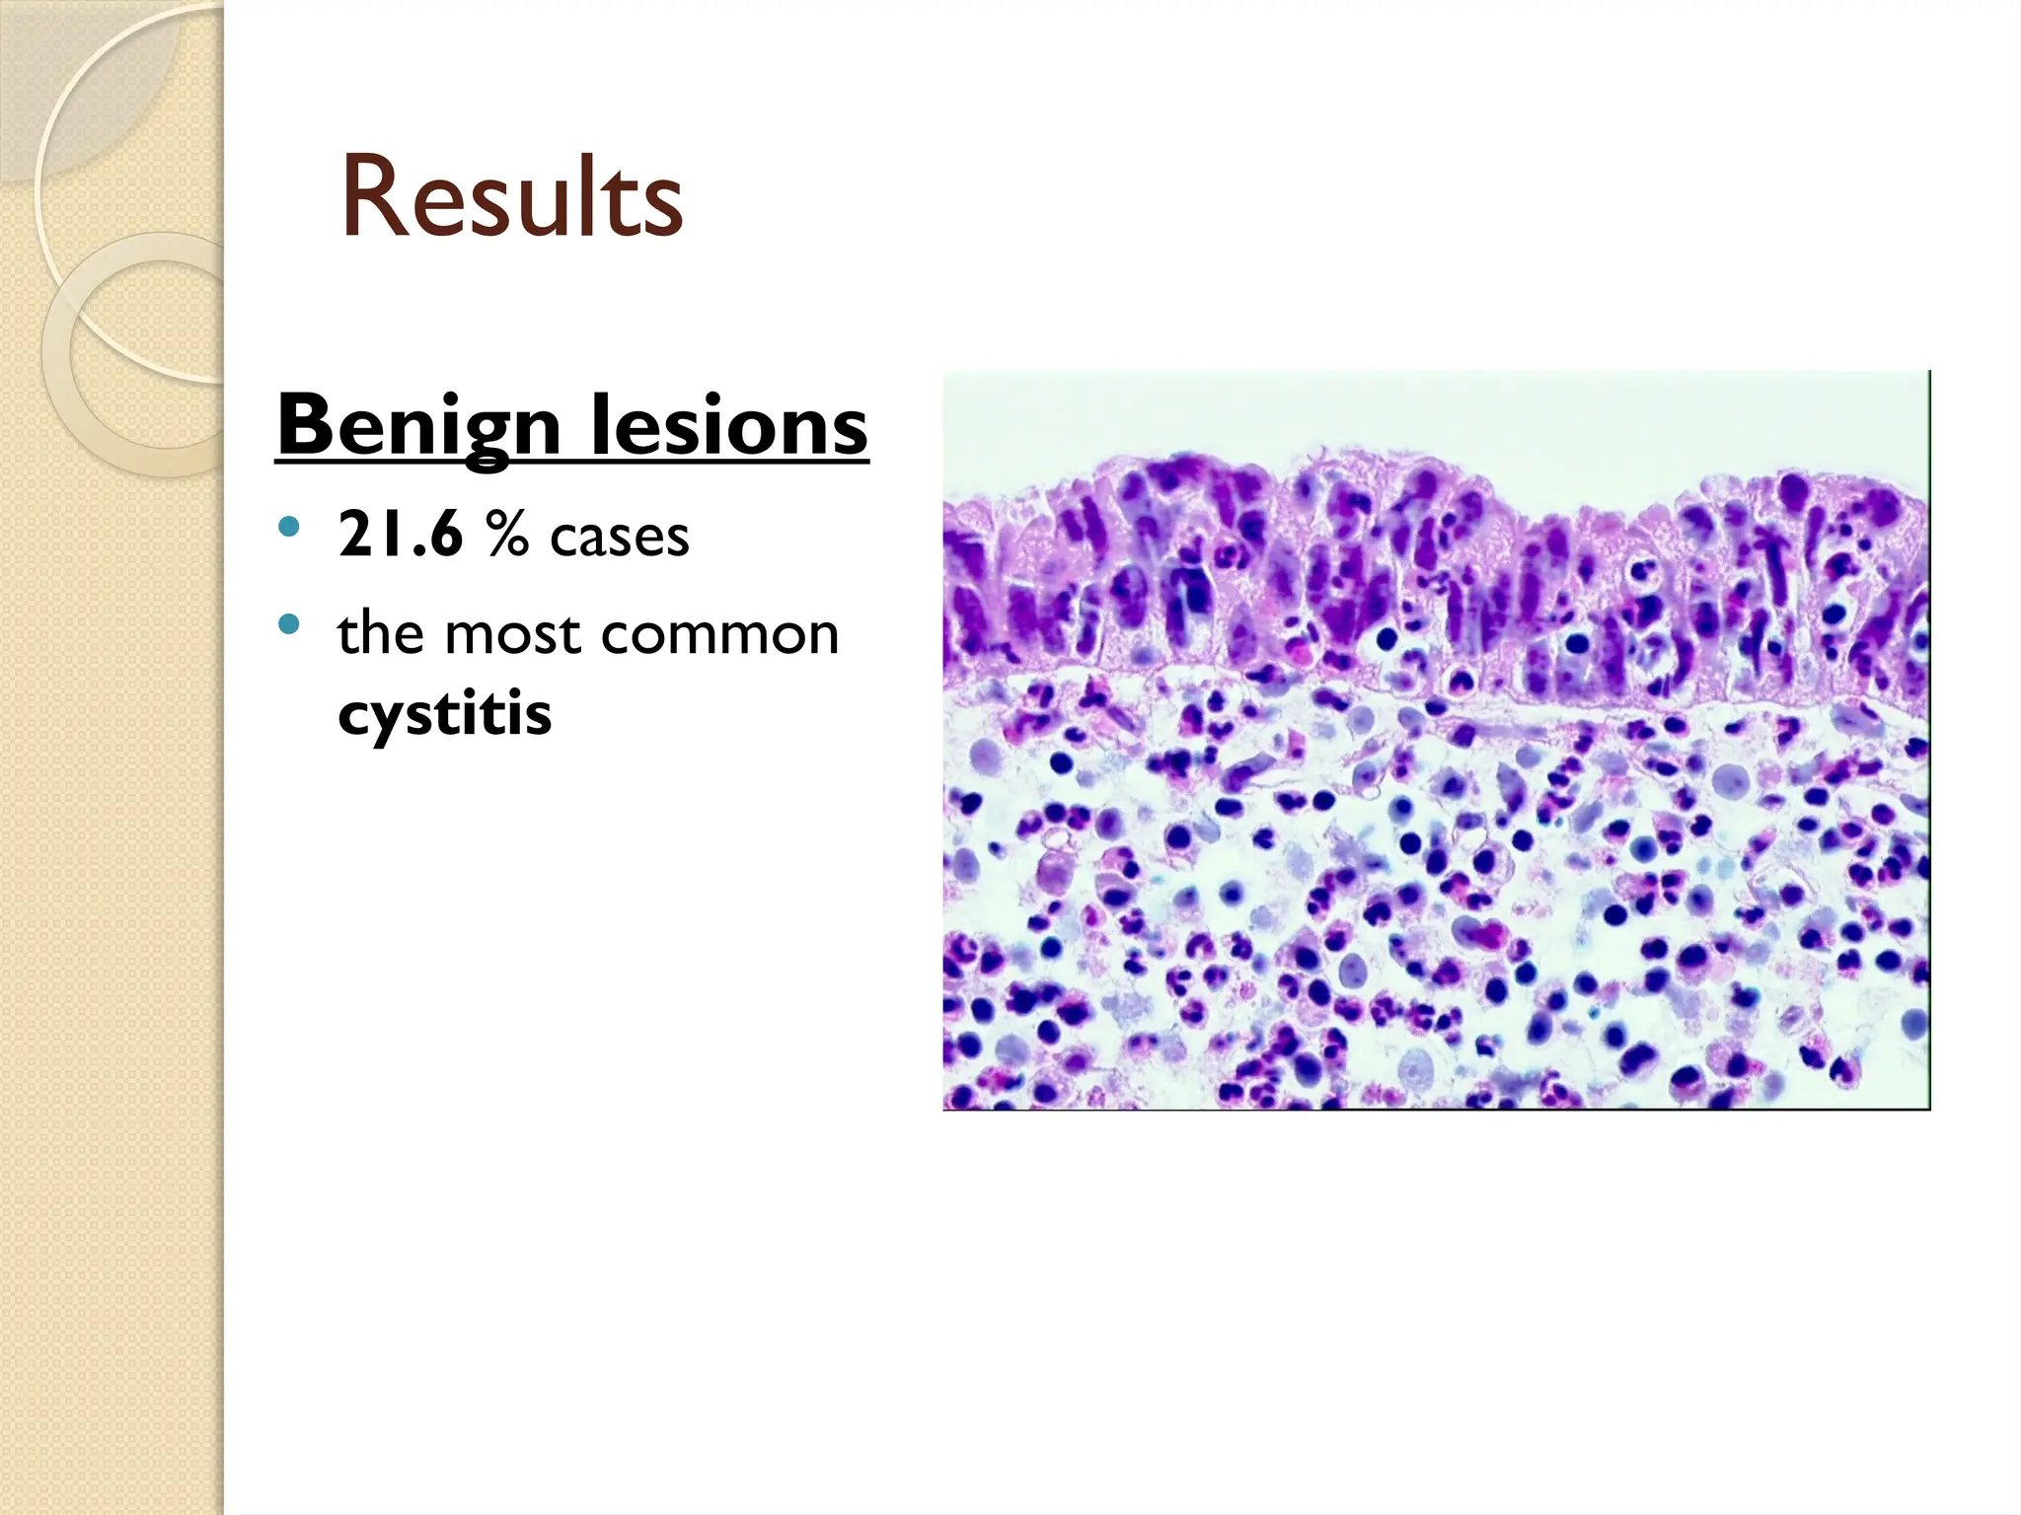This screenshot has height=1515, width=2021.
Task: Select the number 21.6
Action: pos(400,536)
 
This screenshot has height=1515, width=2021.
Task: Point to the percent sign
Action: pos(506,536)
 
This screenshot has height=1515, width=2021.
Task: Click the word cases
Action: pos(619,539)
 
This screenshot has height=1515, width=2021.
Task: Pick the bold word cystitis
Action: pos(444,713)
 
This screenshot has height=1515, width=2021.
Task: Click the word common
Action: pos(719,635)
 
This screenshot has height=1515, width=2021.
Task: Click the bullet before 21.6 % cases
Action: pos(288,527)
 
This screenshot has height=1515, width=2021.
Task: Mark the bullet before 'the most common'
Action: pos(288,623)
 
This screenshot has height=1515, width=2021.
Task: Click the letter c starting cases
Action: pos(563,541)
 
